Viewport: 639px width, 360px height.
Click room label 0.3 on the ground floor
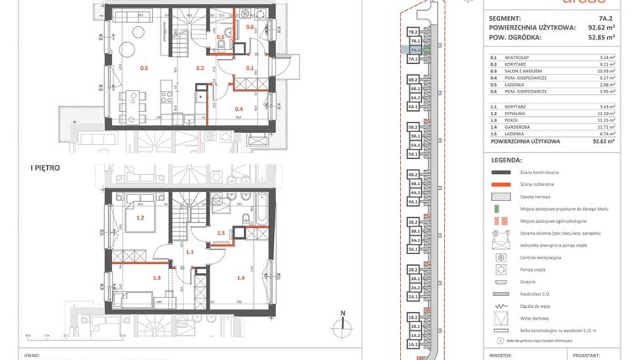click(144, 66)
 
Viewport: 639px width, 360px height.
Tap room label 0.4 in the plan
click(239, 109)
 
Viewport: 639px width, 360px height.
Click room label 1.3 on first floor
click(156, 277)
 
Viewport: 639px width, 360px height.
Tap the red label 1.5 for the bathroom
click(221, 233)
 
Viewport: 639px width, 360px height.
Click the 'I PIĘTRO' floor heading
click(44, 168)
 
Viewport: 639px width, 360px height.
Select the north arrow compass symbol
click(343, 325)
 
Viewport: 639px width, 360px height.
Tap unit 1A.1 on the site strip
click(414, 346)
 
